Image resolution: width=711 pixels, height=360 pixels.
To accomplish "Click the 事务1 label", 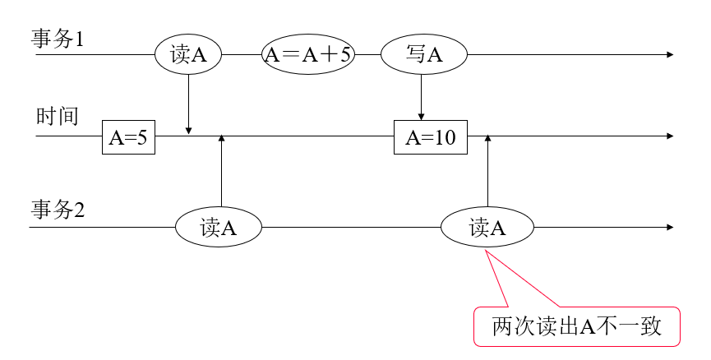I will (x=58, y=39).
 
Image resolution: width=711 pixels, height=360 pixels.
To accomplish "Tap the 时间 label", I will (x=57, y=117).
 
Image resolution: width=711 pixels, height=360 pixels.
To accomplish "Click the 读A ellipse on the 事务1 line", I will (x=189, y=54).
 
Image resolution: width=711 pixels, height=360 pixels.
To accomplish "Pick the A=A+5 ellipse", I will (x=307, y=54).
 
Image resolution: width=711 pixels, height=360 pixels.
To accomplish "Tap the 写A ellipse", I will (x=424, y=54).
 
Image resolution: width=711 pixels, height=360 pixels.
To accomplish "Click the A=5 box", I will (x=128, y=136).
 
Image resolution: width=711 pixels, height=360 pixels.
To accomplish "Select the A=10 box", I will (x=431, y=136).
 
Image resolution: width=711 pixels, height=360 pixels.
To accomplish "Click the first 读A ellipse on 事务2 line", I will (x=219, y=228).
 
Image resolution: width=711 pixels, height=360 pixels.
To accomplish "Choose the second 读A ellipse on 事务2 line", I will (x=487, y=228).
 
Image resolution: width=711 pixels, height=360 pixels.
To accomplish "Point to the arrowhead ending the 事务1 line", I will (x=670, y=54).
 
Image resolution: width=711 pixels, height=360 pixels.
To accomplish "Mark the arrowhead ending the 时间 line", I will (x=670, y=136).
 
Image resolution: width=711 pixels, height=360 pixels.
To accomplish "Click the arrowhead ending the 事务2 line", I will (x=670, y=228).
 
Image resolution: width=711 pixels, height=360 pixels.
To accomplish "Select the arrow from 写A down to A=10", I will (x=421, y=99).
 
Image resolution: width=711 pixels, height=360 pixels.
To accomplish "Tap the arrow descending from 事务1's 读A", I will (x=189, y=103).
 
